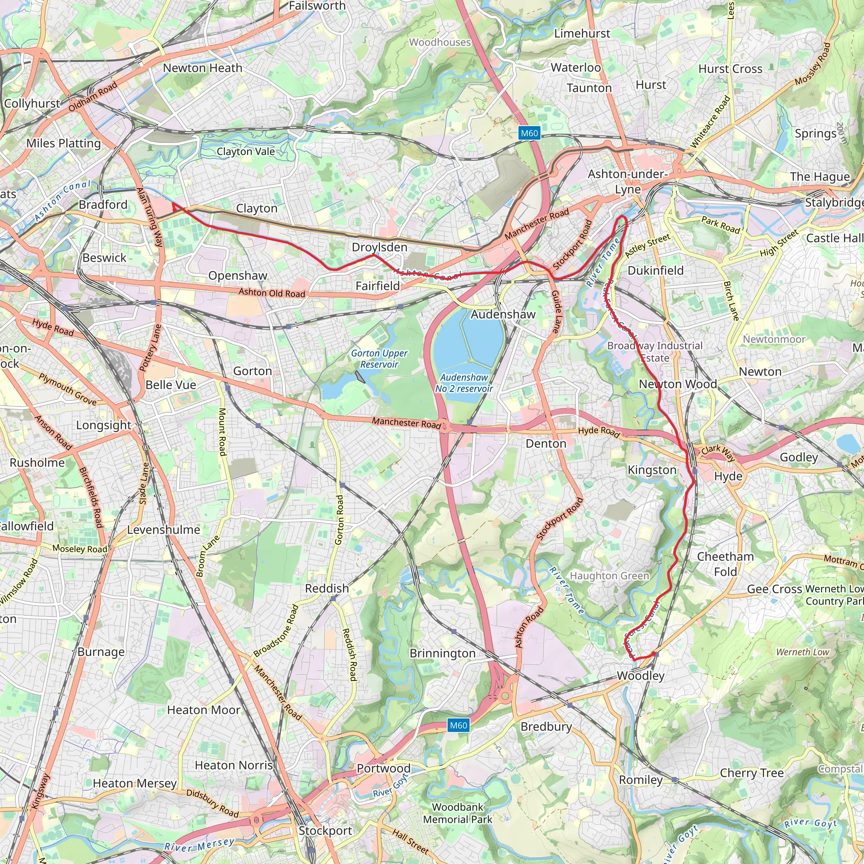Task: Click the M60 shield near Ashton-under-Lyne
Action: coord(529,133)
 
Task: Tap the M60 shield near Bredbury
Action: coord(459,725)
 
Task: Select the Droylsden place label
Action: coord(379,247)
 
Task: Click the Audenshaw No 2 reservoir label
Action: coord(464,383)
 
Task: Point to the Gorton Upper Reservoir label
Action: coord(379,359)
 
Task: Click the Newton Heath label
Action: coord(202,68)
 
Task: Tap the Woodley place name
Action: coord(640,676)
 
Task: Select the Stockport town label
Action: coord(325,831)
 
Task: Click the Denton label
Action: coord(545,444)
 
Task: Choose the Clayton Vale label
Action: coord(246,151)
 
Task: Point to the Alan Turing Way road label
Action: coord(150,217)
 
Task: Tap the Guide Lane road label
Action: coord(556,312)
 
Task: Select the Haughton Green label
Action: coord(609,576)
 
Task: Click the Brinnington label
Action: coord(442,653)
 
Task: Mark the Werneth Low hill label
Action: coord(802,652)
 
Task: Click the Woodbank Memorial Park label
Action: coord(457,813)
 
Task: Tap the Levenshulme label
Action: coord(163,530)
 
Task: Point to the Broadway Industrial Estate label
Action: coord(655,351)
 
